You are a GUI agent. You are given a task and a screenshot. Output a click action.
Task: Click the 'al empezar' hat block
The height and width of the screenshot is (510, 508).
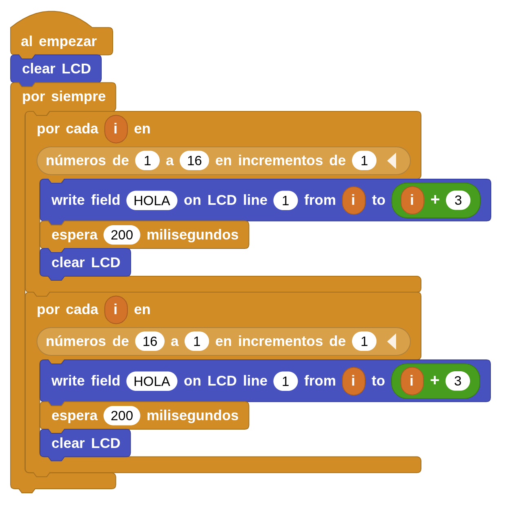58,41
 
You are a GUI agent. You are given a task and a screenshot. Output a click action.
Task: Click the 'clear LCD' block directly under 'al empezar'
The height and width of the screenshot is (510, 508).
56,69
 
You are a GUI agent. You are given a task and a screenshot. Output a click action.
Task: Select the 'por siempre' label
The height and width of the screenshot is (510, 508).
64,96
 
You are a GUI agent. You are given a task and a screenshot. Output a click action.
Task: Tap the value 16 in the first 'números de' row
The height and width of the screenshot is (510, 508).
194,161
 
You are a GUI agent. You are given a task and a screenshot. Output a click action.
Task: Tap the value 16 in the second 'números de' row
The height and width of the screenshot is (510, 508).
150,341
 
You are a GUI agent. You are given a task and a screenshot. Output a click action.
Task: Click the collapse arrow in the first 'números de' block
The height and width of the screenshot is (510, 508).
392,161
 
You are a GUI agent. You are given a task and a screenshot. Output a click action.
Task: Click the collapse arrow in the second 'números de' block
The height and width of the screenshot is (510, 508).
392,341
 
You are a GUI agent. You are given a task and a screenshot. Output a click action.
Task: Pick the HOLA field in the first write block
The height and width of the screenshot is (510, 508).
152,200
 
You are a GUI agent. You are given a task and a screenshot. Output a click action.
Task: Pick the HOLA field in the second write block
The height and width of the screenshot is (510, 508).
152,381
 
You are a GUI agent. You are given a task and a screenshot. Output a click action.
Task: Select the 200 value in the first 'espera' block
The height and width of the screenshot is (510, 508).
122,235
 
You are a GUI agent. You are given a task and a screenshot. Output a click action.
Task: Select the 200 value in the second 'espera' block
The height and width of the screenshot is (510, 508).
122,416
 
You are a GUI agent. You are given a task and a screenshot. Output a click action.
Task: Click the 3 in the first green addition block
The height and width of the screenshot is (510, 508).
458,200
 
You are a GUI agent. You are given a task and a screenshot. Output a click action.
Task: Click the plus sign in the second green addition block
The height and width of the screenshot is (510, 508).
434,380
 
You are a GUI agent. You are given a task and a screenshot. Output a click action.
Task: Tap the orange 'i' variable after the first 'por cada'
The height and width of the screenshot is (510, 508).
116,129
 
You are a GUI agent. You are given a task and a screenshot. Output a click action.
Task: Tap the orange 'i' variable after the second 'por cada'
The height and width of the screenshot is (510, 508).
116,310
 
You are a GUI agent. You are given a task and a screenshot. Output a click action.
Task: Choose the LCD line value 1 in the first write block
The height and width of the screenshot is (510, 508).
285,200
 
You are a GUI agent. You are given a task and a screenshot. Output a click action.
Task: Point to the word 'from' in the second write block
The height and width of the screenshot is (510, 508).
320,381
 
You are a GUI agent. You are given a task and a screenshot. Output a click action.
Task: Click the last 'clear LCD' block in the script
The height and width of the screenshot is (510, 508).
85,443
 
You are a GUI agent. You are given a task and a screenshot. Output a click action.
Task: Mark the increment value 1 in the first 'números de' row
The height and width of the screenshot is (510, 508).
364,161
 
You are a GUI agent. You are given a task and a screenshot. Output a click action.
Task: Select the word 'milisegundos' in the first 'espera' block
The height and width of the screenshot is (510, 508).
192,235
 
